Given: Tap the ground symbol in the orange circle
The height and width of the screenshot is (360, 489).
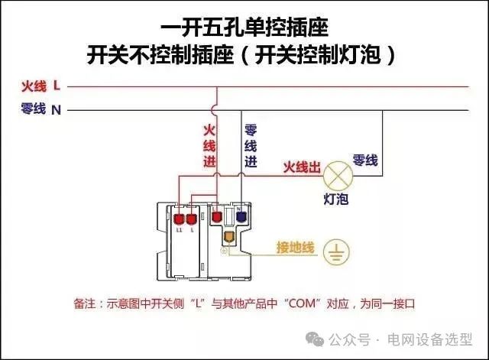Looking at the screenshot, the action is (x=336, y=251).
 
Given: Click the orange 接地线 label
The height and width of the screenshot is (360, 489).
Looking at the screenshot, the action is (x=295, y=248).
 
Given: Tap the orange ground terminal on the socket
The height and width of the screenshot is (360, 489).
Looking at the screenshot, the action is (x=226, y=238).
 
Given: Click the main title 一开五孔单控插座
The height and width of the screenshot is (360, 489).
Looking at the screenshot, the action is (x=244, y=31).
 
